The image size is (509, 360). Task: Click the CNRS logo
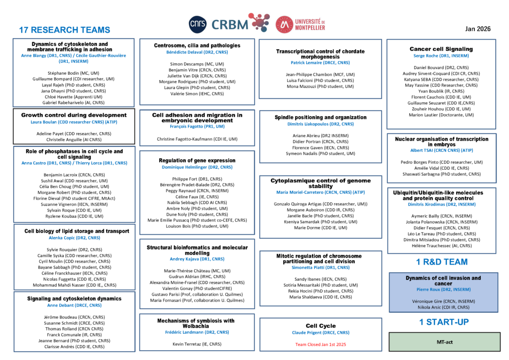198,24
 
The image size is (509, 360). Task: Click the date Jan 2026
478,29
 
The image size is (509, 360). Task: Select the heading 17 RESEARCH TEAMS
64,30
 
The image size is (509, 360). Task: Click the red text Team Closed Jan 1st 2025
320,344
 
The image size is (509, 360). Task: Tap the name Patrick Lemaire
320,63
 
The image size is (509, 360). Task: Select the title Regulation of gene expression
197,160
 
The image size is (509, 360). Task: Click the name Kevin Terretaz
197,344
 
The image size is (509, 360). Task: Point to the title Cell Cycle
320,326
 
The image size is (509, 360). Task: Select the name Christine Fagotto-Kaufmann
197,139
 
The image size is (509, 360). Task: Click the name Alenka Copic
74,238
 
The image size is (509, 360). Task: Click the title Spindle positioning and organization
320,117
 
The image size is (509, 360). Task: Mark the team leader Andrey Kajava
197,259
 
